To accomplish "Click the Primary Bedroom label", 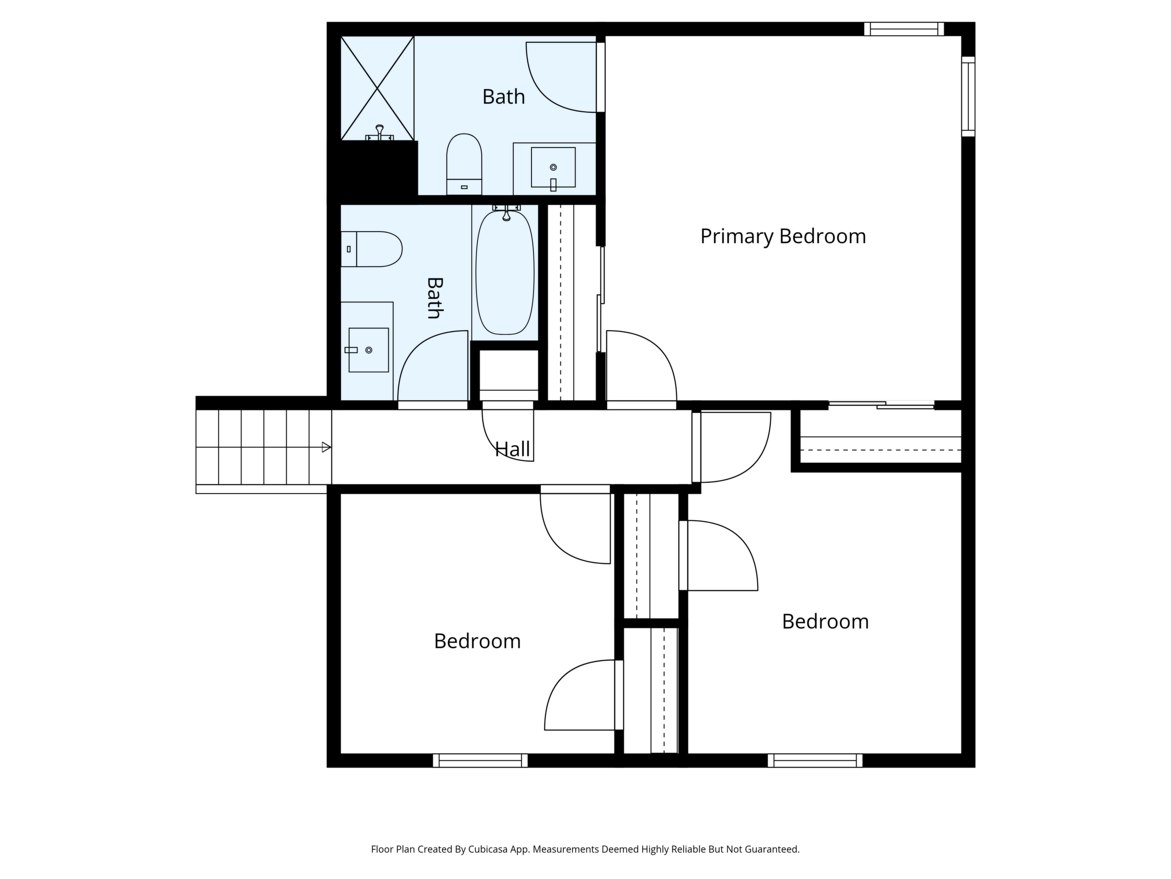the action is [x=783, y=236].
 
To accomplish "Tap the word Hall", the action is [x=512, y=449].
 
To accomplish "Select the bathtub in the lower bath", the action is [x=505, y=272].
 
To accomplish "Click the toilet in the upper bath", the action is [x=464, y=164].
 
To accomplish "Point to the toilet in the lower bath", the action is [x=371, y=249].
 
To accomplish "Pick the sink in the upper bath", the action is [x=553, y=168].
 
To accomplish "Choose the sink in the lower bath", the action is [x=368, y=350].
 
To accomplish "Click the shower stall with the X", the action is [x=377, y=88].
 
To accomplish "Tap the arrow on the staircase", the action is [x=327, y=447].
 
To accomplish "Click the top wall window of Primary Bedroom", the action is [x=904, y=29].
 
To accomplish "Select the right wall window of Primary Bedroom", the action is [x=968, y=96].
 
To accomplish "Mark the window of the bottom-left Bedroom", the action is [x=480, y=760].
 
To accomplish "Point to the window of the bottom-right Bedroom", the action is [x=815, y=760].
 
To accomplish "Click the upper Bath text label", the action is [x=503, y=97].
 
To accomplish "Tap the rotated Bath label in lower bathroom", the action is [x=434, y=298].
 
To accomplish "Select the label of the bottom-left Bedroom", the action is [x=478, y=641].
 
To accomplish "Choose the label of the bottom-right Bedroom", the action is [x=825, y=622].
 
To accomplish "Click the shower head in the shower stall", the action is [x=380, y=132].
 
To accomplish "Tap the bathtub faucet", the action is [x=507, y=212].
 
